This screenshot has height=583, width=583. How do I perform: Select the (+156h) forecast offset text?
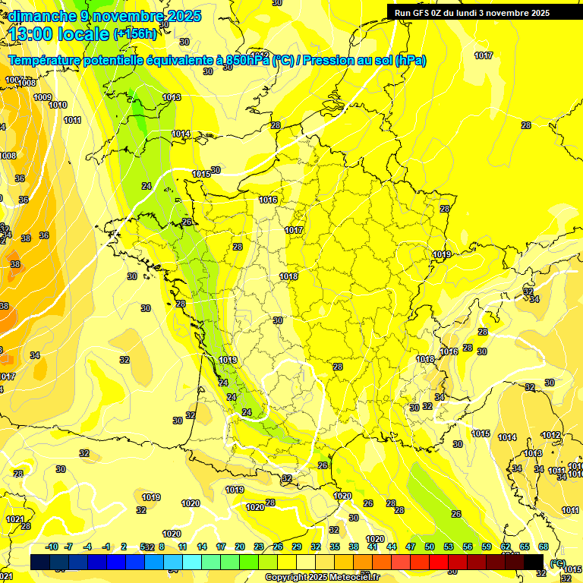coord(135,34)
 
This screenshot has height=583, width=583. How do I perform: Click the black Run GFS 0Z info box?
coord(483,12)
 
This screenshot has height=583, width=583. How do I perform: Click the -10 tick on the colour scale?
coord(52,547)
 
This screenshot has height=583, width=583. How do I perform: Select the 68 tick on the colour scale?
coord(544,547)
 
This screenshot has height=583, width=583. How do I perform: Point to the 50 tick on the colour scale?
coord(430,547)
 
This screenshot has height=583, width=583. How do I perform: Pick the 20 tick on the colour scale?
coord(240,547)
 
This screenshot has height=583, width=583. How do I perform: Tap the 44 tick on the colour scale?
coord(392,547)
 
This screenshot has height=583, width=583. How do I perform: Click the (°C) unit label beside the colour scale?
coord(558,563)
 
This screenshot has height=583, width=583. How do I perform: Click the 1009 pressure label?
coord(43,97)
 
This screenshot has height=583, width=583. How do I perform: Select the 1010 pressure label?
coord(58,105)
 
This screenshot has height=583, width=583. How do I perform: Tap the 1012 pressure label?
coord(551,435)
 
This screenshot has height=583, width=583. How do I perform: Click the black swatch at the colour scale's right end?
coord(534,562)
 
